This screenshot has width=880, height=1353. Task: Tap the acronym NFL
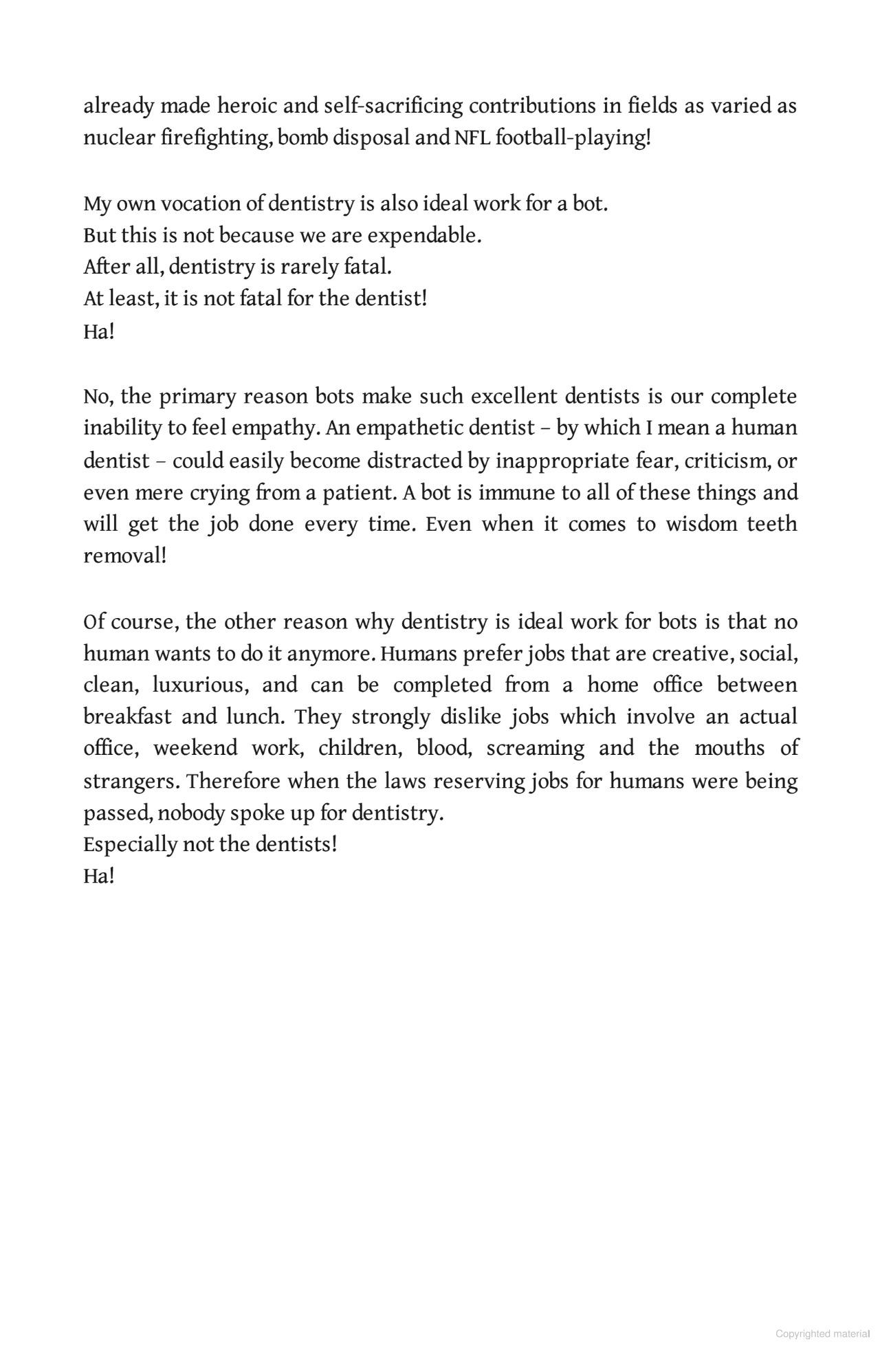472,138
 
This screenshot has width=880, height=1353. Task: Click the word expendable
424,236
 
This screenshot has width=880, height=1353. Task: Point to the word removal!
125,556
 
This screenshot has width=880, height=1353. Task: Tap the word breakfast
127,717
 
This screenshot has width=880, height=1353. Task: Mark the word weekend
195,749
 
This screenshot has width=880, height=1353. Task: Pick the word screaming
536,749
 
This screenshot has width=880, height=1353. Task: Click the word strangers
132,782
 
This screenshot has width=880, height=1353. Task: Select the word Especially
130,844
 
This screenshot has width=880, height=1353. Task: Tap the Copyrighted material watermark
822,1334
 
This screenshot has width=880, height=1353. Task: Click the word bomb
302,138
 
